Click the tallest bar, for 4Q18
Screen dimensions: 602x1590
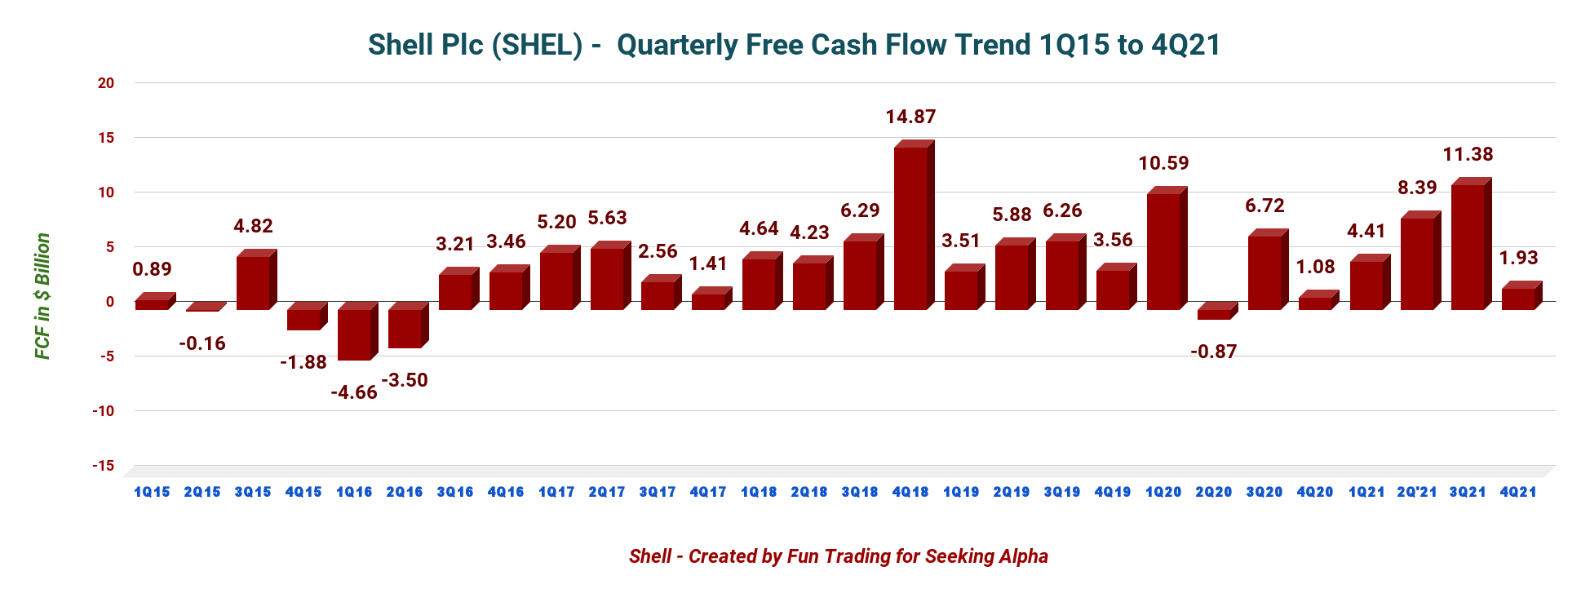(910, 228)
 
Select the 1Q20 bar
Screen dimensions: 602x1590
(1163, 251)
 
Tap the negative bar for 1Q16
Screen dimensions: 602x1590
(354, 334)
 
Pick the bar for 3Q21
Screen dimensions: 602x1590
(1468, 246)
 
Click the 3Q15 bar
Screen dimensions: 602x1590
(253, 282)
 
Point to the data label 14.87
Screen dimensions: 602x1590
(910, 117)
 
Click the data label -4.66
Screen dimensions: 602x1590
(354, 392)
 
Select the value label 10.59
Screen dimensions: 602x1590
(1163, 163)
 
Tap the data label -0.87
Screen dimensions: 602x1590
(1214, 352)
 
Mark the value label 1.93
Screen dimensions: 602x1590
(1518, 258)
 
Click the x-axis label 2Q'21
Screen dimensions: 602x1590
(1417, 492)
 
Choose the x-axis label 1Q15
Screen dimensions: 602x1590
(152, 492)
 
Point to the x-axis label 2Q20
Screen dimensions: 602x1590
(1214, 492)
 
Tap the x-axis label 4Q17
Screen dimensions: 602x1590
(708, 492)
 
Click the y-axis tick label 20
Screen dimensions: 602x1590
(106, 83)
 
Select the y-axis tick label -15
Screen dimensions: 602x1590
(103, 466)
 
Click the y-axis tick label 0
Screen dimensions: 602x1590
(110, 302)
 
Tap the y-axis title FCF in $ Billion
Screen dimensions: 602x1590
(42, 296)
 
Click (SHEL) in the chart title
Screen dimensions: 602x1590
(537, 45)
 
